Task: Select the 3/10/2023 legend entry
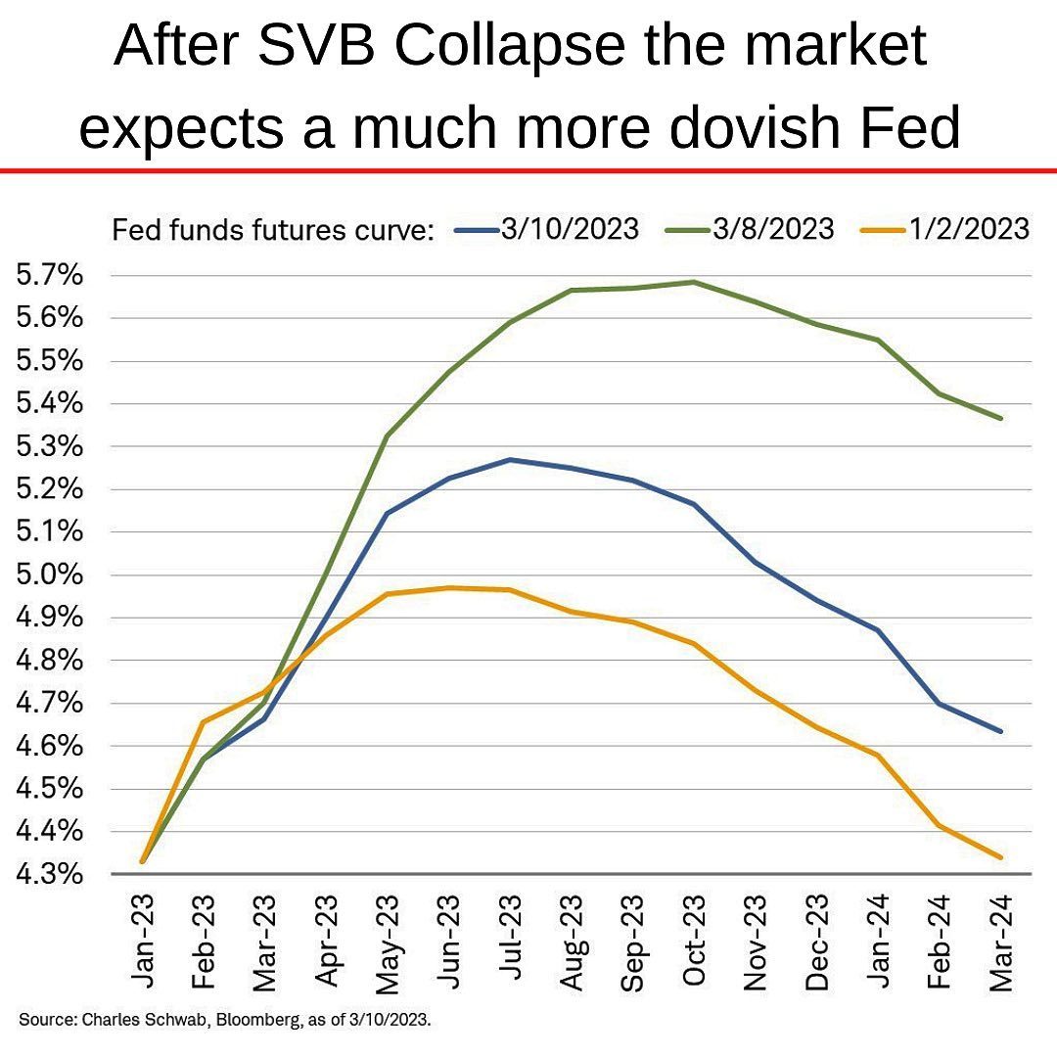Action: pyautogui.click(x=568, y=229)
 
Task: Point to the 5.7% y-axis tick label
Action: pyautogui.click(x=49, y=275)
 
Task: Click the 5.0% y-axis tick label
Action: pyautogui.click(x=49, y=574)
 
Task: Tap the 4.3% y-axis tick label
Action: pyautogui.click(x=49, y=874)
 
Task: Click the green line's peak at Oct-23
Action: pyautogui.click(x=694, y=282)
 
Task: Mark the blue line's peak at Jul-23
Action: pyautogui.click(x=510, y=459)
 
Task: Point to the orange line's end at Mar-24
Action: pyautogui.click(x=1000, y=857)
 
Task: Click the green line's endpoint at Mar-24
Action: pyautogui.click(x=1000, y=418)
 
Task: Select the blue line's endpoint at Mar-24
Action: pyautogui.click(x=1000, y=731)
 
